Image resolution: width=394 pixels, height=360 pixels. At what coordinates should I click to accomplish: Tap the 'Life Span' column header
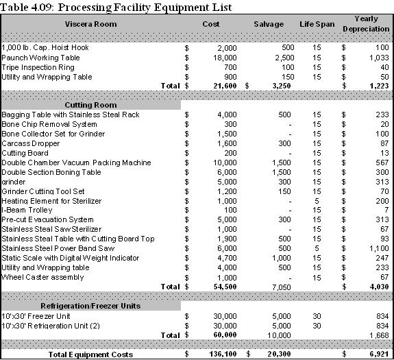point(317,24)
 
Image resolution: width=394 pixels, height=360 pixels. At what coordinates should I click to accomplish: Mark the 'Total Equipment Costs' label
point(90,354)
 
